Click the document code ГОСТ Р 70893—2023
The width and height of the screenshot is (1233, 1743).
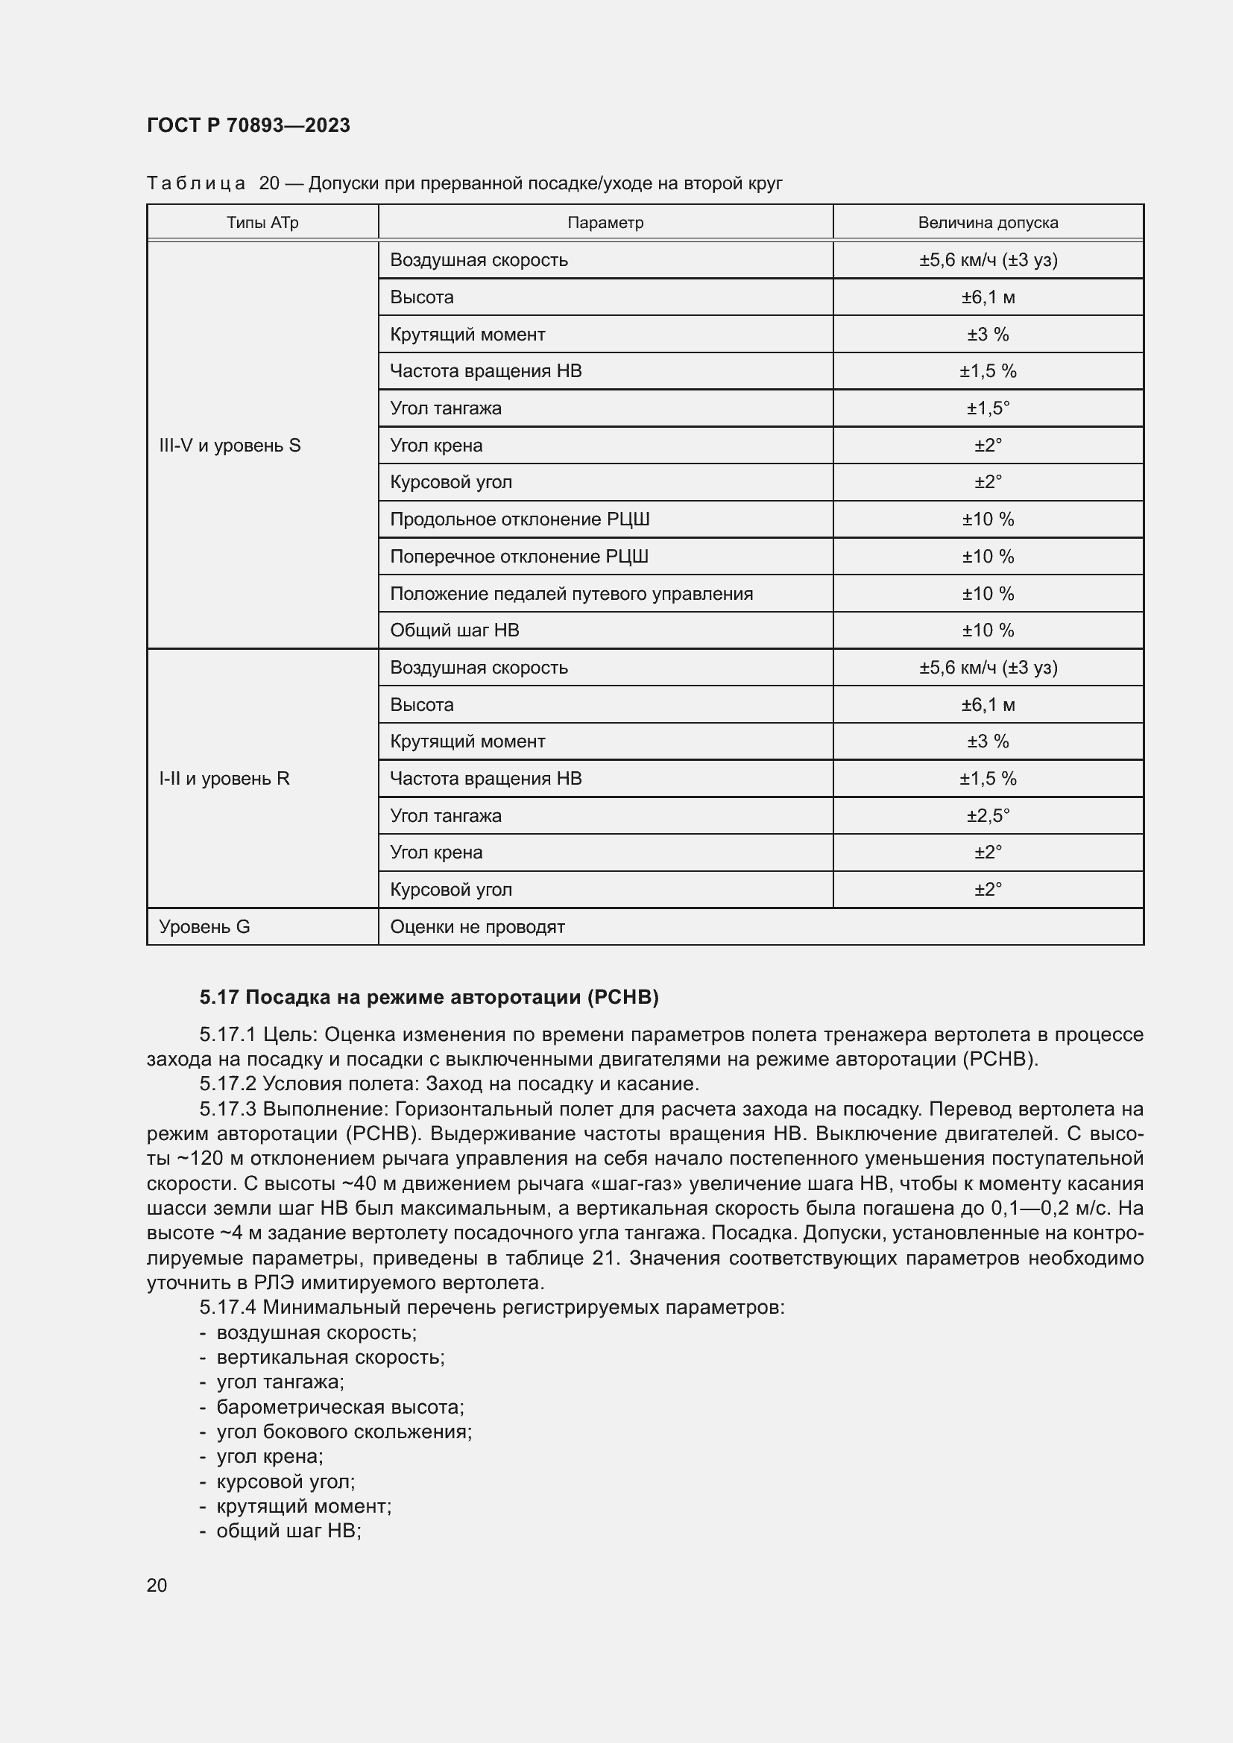pyautogui.click(x=248, y=125)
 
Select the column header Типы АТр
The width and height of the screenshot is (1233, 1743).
pyautogui.click(x=262, y=222)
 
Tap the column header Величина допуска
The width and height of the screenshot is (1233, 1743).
pyautogui.click(x=988, y=222)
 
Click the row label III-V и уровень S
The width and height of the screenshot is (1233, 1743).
pyautogui.click(x=230, y=446)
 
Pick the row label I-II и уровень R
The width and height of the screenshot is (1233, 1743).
pyautogui.click(x=224, y=778)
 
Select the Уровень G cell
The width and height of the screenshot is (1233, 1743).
pyautogui.click(x=204, y=926)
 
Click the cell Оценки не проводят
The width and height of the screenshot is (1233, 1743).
pyautogui.click(x=477, y=926)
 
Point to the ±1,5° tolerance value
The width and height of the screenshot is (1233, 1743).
pyautogui.click(x=988, y=408)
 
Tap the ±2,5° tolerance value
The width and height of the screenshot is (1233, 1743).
pyautogui.click(x=988, y=815)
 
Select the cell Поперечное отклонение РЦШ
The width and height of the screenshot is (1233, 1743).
pyautogui.click(x=520, y=557)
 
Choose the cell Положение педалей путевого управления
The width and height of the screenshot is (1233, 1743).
pyautogui.click(x=571, y=594)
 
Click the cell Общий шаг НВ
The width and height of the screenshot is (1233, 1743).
pyautogui.click(x=454, y=630)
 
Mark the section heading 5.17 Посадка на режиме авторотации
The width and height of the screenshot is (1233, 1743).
pyautogui.click(x=429, y=997)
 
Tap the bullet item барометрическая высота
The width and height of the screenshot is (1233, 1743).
pyautogui.click(x=340, y=1407)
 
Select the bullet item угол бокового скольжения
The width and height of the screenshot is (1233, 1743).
pyautogui.click(x=344, y=1432)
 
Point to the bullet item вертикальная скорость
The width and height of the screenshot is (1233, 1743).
pyautogui.click(x=330, y=1357)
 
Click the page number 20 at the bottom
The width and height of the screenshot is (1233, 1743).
pyautogui.click(x=157, y=1585)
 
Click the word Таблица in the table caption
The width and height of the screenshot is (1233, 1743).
pyautogui.click(x=196, y=183)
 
